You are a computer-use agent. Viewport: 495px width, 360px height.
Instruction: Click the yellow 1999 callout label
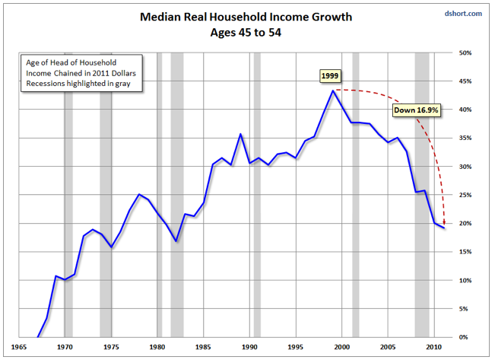pos(330,76)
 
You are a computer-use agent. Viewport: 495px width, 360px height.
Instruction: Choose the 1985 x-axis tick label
pos(205,346)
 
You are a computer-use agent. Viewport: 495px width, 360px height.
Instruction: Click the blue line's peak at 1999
pos(332,91)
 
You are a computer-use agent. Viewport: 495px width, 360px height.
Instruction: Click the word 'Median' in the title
pos(160,16)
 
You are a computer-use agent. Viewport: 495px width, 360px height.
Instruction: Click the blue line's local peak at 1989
pos(240,134)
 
